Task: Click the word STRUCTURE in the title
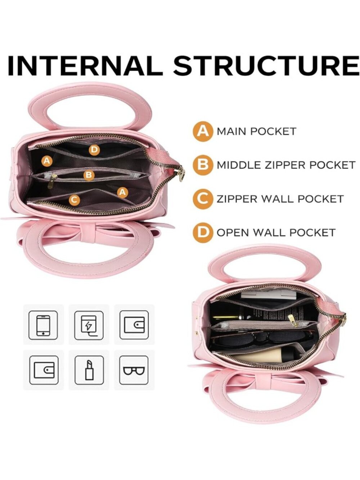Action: coord(266,66)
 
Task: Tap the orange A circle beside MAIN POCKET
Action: coord(203,131)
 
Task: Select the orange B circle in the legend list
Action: coord(203,165)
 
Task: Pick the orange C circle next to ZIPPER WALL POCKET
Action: coord(203,199)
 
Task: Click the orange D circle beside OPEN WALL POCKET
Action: coord(203,233)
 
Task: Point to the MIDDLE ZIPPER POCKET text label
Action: coord(286,165)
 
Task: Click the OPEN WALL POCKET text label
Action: coord(276,233)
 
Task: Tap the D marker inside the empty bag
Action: coord(94,150)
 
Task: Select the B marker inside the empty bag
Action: coord(89,175)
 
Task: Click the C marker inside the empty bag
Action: coord(74,199)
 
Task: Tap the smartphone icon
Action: coord(43,326)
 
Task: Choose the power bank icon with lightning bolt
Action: coord(89,326)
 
